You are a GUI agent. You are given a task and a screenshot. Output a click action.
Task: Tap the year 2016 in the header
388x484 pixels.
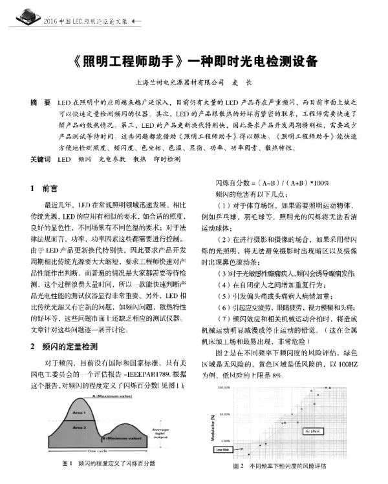[52, 22]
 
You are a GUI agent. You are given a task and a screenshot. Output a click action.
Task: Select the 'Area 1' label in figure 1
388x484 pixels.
[80, 412]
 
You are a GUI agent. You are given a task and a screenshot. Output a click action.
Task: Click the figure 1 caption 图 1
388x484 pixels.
[67, 464]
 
